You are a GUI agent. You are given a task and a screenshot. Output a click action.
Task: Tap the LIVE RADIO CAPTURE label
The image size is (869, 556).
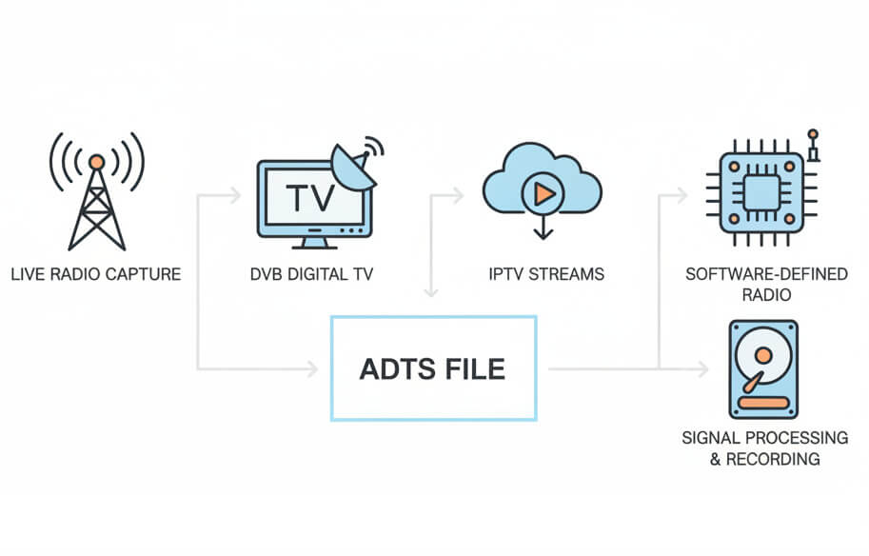coord(96,275)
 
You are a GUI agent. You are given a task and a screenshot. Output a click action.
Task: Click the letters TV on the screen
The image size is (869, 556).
coord(310,198)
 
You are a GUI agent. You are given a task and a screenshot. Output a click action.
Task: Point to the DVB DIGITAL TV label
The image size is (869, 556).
coord(312,275)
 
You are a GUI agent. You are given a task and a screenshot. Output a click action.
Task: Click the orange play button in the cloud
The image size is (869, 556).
coord(543,194)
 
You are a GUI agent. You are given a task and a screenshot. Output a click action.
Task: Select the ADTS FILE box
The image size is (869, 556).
coord(433,367)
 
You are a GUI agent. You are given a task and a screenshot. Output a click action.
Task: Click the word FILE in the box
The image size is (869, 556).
coord(473,368)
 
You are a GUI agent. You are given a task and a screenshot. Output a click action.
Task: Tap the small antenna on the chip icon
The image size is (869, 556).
coord(812,144)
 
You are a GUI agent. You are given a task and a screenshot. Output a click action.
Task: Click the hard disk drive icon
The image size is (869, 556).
coord(763,368)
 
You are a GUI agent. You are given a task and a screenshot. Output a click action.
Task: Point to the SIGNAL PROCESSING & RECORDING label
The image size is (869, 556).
coord(764,447)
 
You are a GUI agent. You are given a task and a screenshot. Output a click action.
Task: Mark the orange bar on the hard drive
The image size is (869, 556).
coord(763,403)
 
